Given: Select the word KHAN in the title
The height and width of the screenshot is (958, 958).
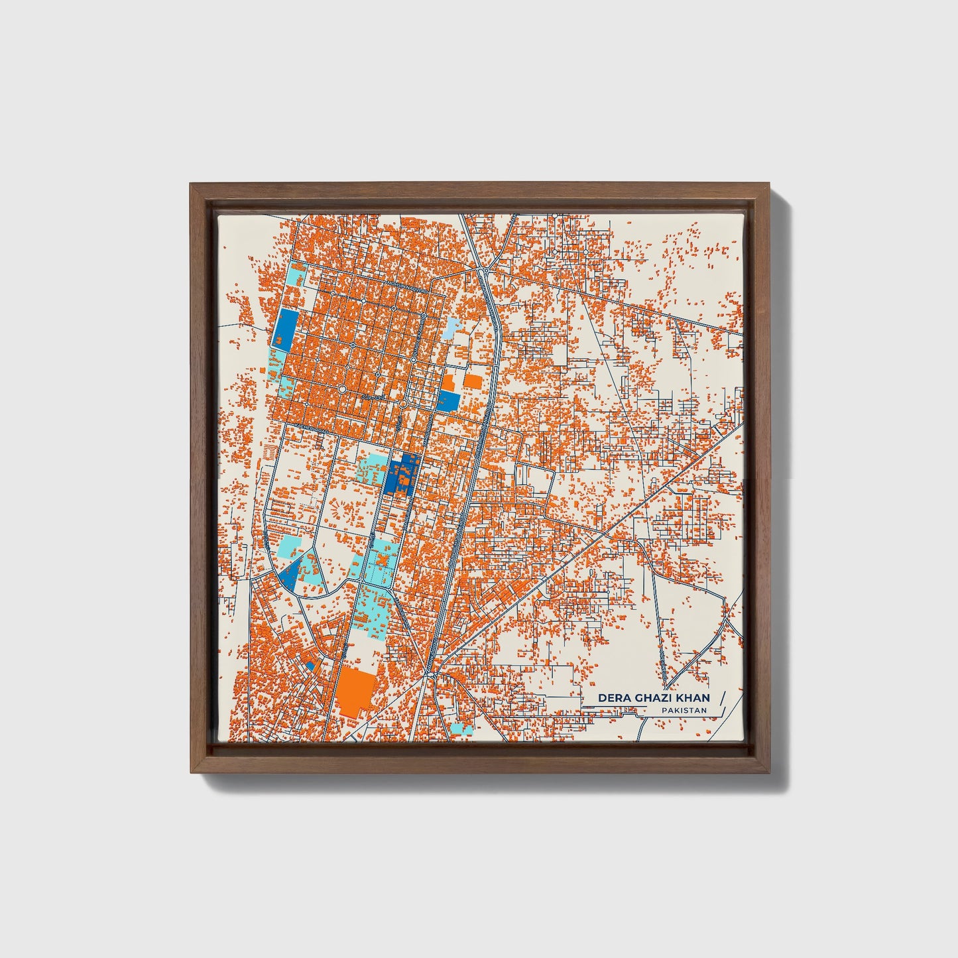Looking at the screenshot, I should point(693,697).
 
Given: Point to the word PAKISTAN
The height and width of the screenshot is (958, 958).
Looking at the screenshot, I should point(684,711).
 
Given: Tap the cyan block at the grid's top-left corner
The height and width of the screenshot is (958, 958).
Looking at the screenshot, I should point(296,274).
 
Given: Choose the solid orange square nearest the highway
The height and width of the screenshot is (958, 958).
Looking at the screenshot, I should point(473,381).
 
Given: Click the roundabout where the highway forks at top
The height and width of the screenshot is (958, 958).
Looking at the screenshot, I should point(485,270).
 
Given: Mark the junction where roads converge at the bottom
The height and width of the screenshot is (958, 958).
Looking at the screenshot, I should point(430,675).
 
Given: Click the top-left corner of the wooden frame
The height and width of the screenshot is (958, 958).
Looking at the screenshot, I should point(191,185).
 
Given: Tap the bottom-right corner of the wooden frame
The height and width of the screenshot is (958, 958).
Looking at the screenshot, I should point(770,772).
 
